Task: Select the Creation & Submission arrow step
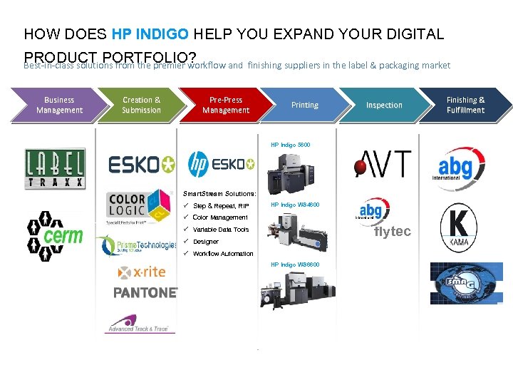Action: point(141,105)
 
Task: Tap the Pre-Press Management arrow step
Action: point(225,105)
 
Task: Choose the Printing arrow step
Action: point(304,105)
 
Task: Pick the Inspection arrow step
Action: point(384,105)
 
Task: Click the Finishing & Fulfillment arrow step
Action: point(466,105)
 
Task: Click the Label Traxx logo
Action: point(55,169)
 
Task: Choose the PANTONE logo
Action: point(145,292)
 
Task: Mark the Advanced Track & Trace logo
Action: point(138,324)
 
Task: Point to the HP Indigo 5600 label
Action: point(290,145)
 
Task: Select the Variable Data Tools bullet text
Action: point(221,230)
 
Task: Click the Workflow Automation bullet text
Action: point(223,254)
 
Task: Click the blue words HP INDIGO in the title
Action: point(147,34)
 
